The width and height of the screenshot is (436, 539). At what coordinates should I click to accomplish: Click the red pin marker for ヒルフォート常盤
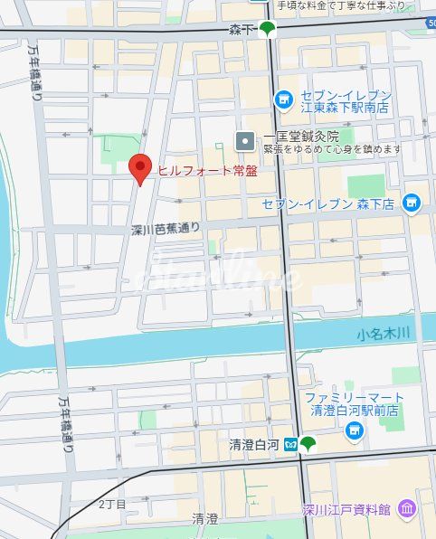click(139, 168)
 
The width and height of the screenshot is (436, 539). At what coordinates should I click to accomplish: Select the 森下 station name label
click(242, 30)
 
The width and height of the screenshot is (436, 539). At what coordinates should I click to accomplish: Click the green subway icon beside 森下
click(267, 30)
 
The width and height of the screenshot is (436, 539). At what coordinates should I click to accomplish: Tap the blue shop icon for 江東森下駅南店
click(284, 98)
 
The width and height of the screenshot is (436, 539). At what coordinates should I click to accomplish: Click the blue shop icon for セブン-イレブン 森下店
click(412, 202)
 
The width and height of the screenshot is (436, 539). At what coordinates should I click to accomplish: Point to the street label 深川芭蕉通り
click(165, 230)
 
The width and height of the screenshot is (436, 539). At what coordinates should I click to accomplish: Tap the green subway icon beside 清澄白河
click(308, 443)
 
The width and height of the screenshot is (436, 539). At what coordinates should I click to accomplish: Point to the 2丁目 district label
click(112, 503)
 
